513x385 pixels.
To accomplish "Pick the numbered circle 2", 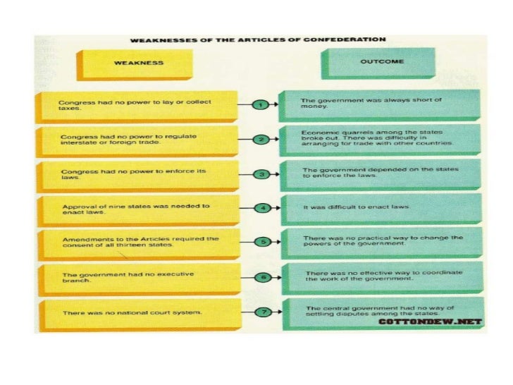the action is [260, 139].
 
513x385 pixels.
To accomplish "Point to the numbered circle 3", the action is [261, 173].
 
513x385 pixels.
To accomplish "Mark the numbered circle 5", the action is [262, 241].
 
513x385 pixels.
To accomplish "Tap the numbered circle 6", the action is [263, 276].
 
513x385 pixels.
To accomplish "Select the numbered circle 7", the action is [264, 311].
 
